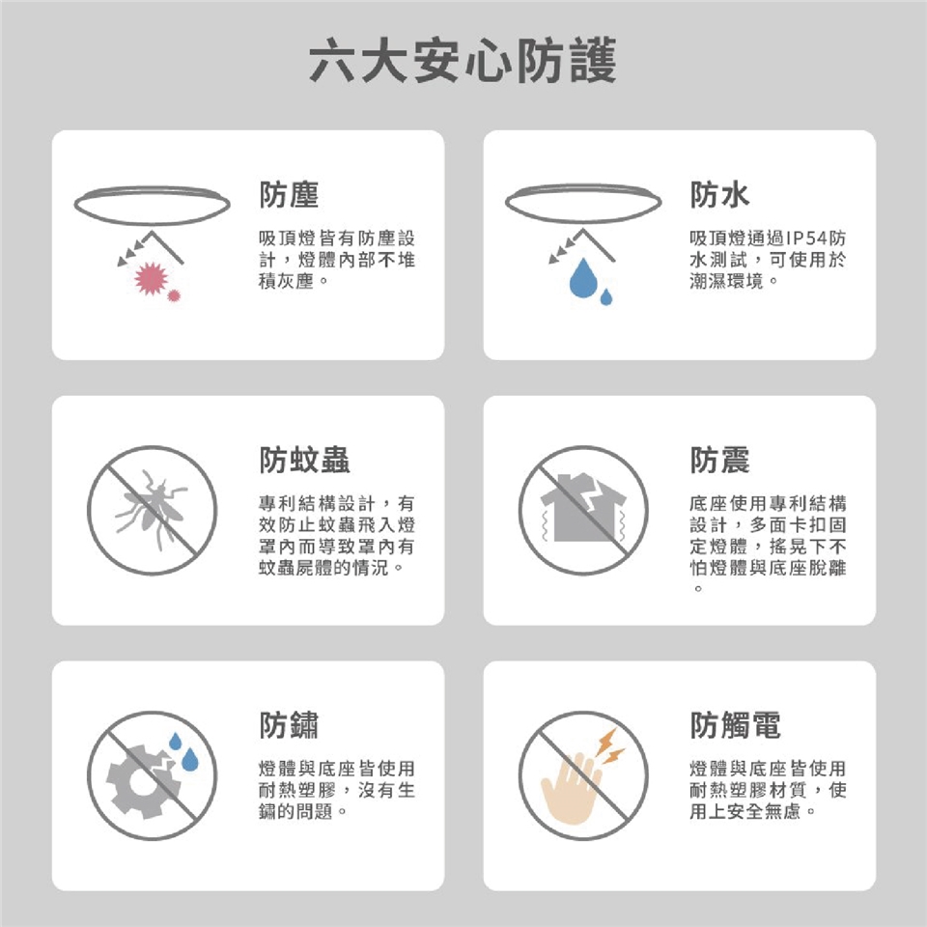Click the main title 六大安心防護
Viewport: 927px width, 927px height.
463,60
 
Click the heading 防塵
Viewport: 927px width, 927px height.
289,194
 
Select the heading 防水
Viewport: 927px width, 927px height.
720,194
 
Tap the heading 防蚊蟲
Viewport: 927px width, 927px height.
304,460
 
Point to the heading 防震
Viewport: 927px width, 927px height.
720,460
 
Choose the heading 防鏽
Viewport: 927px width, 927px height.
289,725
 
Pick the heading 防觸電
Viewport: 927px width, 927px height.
736,725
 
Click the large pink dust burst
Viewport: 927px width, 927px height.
152,278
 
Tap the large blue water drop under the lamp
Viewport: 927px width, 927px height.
583,278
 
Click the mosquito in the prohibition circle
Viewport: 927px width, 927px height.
152,509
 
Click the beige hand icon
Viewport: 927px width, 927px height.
570,786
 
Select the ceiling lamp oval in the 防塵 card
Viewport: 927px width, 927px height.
152,205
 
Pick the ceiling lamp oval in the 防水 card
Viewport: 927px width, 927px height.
583,204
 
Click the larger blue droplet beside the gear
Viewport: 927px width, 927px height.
190,760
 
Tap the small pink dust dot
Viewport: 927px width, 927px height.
173,295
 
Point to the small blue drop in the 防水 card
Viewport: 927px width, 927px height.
606,296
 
